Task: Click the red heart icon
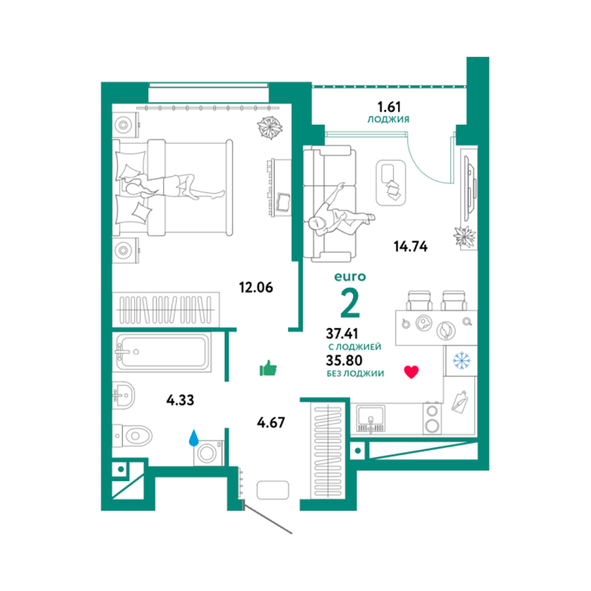pos(411,372)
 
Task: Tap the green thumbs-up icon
pos(269,369)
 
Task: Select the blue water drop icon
pos(194,438)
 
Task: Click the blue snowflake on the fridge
pos(462,361)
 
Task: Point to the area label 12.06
pos(256,288)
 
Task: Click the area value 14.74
pos(410,246)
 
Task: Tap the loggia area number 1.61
pos(389,107)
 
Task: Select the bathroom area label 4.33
pos(180,400)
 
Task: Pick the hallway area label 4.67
pos(271,422)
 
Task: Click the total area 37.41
pos(342,333)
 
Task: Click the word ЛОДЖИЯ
pos(388,119)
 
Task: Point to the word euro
pos(350,277)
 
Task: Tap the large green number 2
pos(350,302)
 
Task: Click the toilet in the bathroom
pos(132,436)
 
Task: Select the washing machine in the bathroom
pos(208,452)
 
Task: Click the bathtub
pos(162,352)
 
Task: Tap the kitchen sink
pos(370,418)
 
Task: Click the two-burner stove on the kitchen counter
pos(432,419)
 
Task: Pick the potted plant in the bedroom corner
pos(269,127)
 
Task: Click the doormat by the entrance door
pos(273,490)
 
